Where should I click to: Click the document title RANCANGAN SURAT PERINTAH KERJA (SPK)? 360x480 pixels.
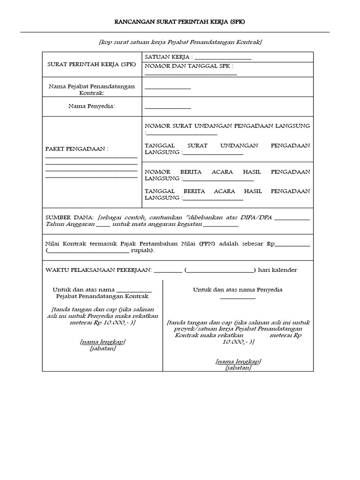point(180,22)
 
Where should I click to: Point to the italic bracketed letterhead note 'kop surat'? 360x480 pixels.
point(180,43)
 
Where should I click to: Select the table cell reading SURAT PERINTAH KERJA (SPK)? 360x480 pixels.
point(92,64)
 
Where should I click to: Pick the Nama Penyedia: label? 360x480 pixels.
point(91,106)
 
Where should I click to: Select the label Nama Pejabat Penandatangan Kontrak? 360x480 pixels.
point(92,90)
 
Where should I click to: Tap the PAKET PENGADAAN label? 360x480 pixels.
point(76,149)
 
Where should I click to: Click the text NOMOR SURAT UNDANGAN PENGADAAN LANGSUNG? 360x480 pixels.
point(227,126)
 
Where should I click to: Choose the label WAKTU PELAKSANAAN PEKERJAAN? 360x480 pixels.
point(98,270)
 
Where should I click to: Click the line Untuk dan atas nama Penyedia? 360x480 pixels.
point(238,290)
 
